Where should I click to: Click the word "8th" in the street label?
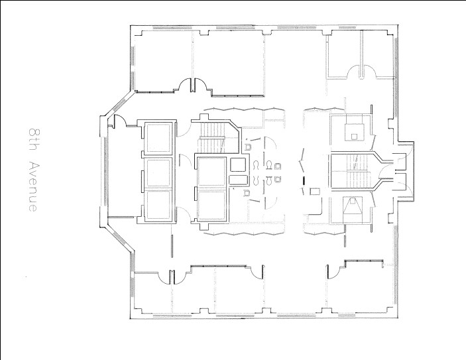pos(32,138)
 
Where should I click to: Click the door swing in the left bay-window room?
pos(120,121)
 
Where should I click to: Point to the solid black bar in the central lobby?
pos(304,180)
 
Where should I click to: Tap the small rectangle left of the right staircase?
pos(314,192)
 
